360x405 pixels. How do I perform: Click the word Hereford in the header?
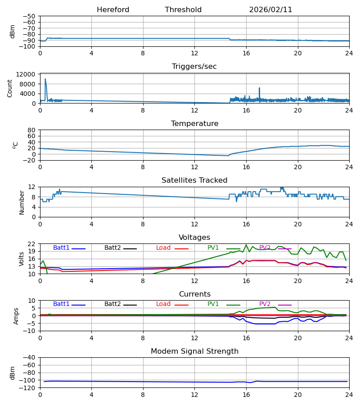pyautogui.click(x=113, y=10)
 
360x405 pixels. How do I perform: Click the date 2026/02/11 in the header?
pyautogui.click(x=270, y=10)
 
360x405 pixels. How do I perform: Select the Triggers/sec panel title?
pyautogui.click(x=194, y=67)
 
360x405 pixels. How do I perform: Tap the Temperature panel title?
pyautogui.click(x=194, y=124)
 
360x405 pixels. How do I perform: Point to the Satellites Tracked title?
pyautogui.click(x=194, y=180)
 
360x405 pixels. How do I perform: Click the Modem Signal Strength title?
pyautogui.click(x=194, y=351)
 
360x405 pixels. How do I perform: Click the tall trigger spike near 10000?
pyautogui.click(x=45, y=80)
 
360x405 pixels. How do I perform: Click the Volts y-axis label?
pyautogui.click(x=22, y=259)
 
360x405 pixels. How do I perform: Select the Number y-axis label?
pyautogui.click(x=22, y=202)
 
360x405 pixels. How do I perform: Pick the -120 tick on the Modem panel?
pyautogui.click(x=28, y=388)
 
